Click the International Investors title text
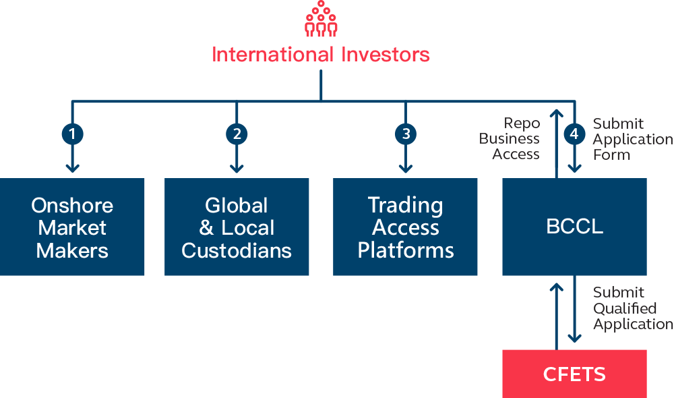click(321, 55)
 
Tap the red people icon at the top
click(321, 19)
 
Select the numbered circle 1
click(72, 134)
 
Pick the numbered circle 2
click(237, 134)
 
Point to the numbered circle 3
click(405, 134)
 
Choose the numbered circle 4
click(574, 134)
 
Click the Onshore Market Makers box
click(72, 227)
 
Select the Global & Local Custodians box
click(237, 227)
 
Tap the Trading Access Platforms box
click(405, 227)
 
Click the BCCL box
click(574, 227)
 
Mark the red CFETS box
click(574, 374)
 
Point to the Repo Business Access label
click(510, 139)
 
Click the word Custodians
click(237, 251)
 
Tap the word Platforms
click(405, 251)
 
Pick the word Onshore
click(72, 205)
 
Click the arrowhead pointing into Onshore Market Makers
click(72, 167)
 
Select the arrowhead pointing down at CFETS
click(574, 337)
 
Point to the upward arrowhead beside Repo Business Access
click(557, 111)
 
